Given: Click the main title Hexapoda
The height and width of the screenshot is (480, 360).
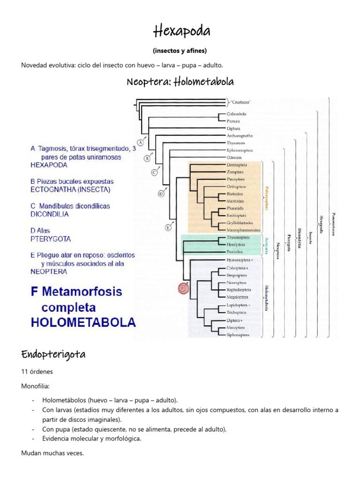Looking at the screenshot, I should tap(182, 31).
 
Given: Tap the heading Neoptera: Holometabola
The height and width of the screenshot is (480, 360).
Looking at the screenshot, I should tap(180, 82).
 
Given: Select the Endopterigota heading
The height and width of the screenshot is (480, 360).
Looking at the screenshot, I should tap(53, 354).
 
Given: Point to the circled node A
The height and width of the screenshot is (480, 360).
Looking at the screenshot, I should tap(140, 142).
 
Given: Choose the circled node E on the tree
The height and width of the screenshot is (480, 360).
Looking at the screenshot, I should tap(168, 228).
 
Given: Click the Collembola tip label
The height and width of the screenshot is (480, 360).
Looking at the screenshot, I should tap(236, 114).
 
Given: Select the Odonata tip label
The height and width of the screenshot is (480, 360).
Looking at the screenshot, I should tap(235, 157).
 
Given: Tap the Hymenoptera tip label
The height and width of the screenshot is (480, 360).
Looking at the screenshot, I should tap(239, 259).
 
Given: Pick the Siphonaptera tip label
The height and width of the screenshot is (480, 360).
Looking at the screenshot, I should tap(238, 335).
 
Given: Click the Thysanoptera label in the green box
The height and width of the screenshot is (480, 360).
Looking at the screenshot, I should tap(239, 237).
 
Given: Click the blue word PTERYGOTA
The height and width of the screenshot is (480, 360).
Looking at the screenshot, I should tap(51, 239).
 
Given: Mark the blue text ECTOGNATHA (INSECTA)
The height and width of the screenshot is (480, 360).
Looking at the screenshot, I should tap(70, 190).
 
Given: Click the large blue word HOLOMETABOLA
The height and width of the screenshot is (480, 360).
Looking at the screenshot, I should tap(83, 322).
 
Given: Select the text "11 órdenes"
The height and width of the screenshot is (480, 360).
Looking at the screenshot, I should tap(37, 372).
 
